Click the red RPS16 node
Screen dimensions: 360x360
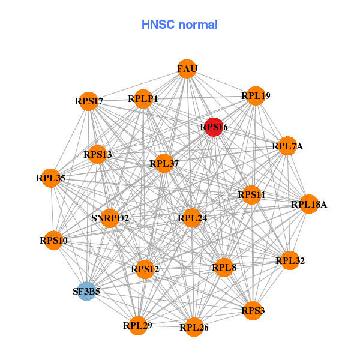pyautogui.click(x=214, y=127)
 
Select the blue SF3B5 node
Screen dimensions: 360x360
pyautogui.click(x=87, y=292)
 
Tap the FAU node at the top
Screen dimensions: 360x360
pyautogui.click(x=187, y=69)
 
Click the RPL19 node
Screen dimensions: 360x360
pyautogui.click(x=256, y=96)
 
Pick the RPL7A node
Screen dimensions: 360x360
pyautogui.click(x=287, y=146)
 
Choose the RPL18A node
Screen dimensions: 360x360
pyautogui.click(x=309, y=205)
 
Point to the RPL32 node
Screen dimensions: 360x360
pyautogui.click(x=290, y=260)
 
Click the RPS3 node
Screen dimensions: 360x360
pyautogui.click(x=253, y=310)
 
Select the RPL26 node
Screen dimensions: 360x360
pyautogui.click(x=194, y=327)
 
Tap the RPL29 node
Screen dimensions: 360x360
pyautogui.click(x=138, y=326)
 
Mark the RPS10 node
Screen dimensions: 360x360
pyautogui.click(x=54, y=241)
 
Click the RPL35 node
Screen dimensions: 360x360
pyautogui.click(x=51, y=178)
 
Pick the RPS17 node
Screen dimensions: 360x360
pyautogui.click(x=89, y=101)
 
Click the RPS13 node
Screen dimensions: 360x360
pyautogui.click(x=98, y=155)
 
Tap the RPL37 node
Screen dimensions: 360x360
pyautogui.click(x=164, y=163)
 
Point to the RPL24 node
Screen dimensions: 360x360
pyautogui.click(x=192, y=218)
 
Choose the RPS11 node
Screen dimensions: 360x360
pyautogui.click(x=251, y=195)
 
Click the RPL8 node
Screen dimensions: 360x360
pyautogui.click(x=224, y=267)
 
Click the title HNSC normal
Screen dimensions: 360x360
pyautogui.click(x=179, y=25)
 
